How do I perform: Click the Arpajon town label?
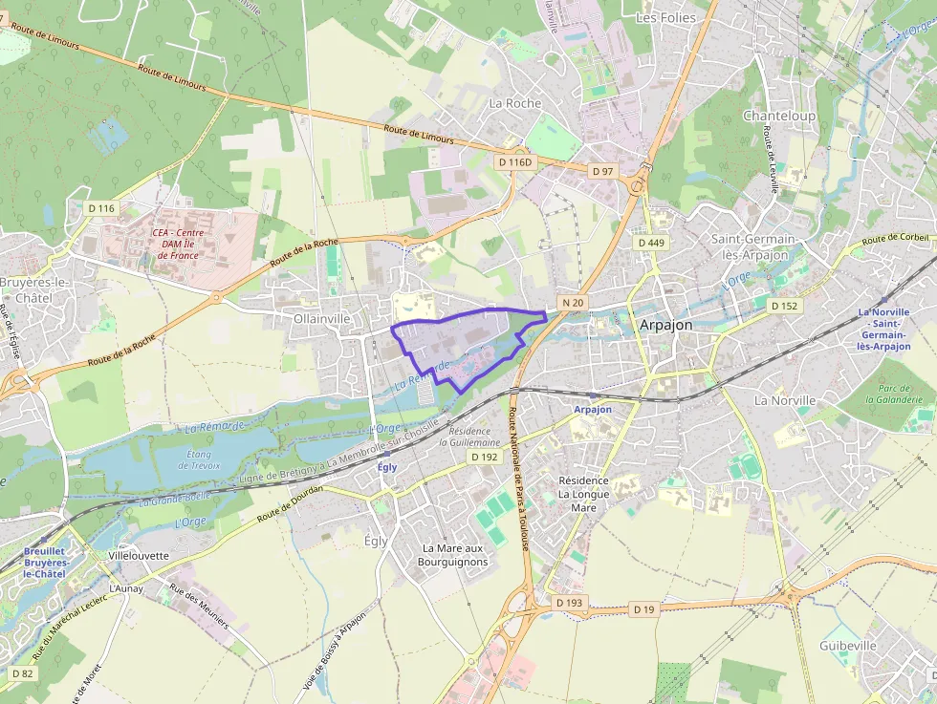[x=665, y=325]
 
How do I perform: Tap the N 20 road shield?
[x=573, y=303]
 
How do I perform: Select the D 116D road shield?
[x=513, y=162]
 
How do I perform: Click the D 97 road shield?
[x=602, y=171]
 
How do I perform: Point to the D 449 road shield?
[x=650, y=243]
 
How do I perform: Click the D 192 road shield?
[x=485, y=458]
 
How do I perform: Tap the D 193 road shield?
[x=569, y=604]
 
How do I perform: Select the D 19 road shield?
[x=643, y=608]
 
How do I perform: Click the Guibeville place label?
[x=847, y=646]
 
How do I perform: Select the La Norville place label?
[x=785, y=400]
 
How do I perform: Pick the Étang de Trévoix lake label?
[x=199, y=460]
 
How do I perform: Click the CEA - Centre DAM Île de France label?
[x=178, y=244]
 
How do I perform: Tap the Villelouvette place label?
[x=140, y=555]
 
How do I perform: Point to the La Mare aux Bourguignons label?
[x=453, y=555]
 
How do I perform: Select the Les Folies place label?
[x=665, y=17]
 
